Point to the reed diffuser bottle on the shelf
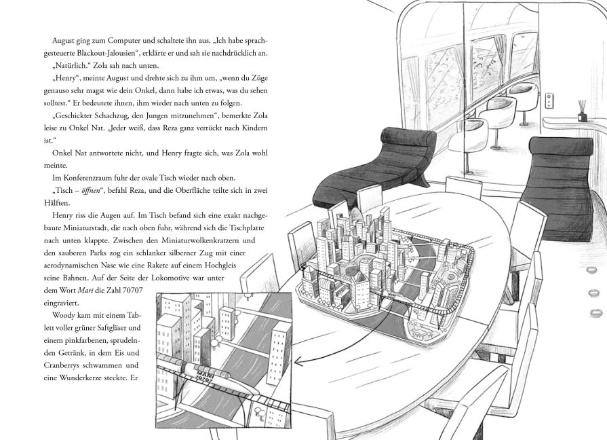[x=582, y=112]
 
